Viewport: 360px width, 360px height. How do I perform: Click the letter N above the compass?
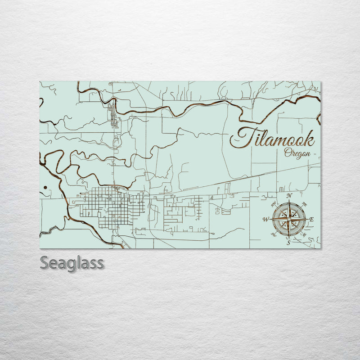(289, 196)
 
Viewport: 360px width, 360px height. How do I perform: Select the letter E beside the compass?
(312, 219)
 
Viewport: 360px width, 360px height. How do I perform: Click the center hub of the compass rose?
(289, 219)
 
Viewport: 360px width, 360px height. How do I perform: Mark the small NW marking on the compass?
(273, 204)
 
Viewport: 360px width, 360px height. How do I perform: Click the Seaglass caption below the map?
(72, 263)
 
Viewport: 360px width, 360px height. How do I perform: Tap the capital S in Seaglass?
(45, 263)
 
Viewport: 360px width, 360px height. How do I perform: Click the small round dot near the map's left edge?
(46, 187)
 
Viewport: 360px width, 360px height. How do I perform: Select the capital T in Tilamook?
(241, 137)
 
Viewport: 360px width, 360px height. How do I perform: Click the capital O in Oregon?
(287, 153)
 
